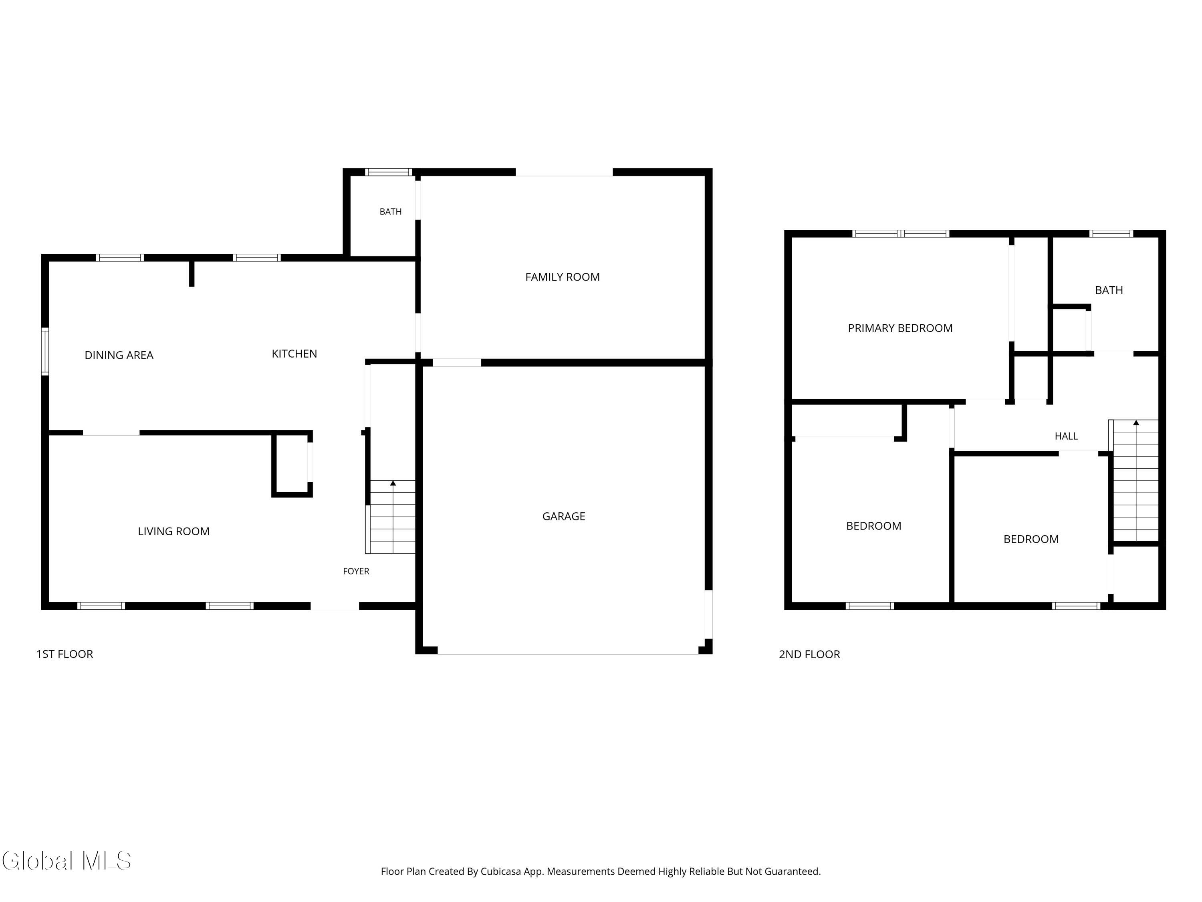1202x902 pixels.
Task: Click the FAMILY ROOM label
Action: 563,277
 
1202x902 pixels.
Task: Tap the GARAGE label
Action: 563,516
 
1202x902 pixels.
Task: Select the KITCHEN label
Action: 294,354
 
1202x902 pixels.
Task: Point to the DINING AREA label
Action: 119,356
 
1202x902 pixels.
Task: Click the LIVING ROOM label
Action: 173,532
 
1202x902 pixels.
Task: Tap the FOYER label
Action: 356,571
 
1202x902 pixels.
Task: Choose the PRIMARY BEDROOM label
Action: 900,328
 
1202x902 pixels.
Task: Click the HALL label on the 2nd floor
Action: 1066,437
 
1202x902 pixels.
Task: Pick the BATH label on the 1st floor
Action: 390,212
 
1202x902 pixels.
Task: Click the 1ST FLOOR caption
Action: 65,654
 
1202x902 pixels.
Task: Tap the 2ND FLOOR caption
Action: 809,655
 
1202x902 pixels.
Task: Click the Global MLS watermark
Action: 66,861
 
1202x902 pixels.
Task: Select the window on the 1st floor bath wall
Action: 388,172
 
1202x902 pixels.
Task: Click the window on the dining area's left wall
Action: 45,351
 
